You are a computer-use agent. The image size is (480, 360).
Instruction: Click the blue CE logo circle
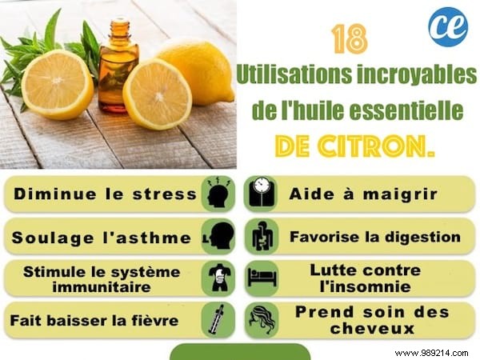click(448, 27)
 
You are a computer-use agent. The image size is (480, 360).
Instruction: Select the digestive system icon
click(262, 237)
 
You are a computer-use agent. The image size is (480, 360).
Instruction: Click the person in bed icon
click(262, 278)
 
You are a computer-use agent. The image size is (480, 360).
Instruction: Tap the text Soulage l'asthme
click(101, 237)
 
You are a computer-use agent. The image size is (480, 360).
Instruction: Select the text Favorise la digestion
click(374, 237)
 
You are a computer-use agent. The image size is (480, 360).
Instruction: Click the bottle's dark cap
click(119, 26)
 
